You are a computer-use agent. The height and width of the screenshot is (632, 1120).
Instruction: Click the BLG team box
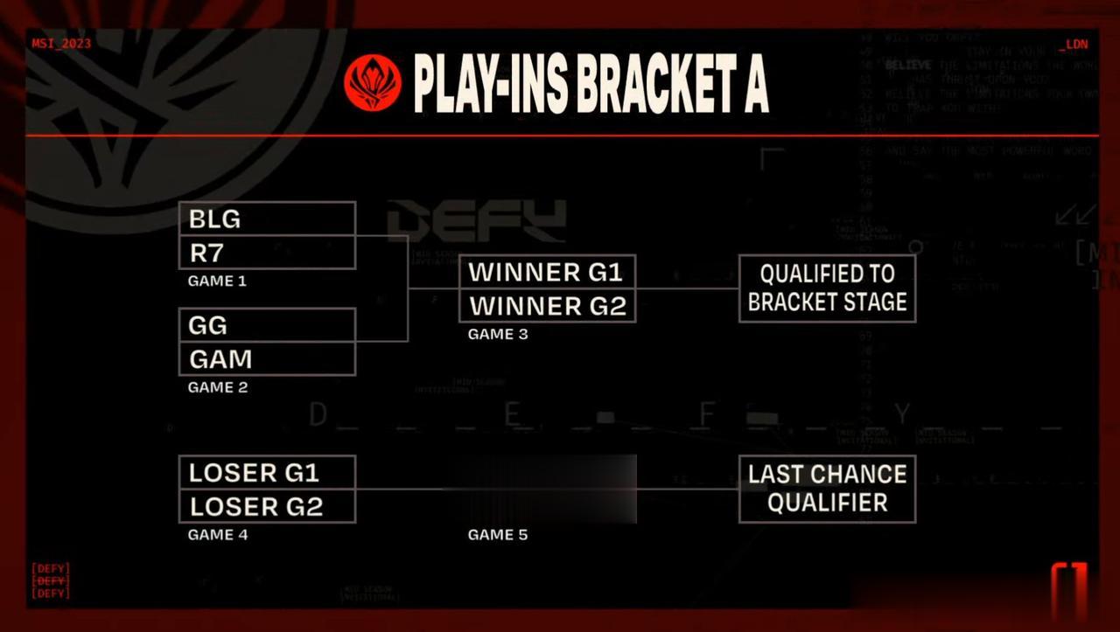click(x=267, y=219)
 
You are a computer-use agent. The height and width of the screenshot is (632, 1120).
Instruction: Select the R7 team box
click(x=267, y=253)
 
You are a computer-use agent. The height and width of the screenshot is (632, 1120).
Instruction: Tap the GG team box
click(x=267, y=325)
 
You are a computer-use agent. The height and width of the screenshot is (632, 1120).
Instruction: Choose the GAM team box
click(x=267, y=359)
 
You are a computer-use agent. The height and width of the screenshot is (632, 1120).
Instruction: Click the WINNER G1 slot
click(x=547, y=272)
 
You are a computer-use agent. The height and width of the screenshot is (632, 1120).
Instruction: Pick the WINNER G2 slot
click(x=547, y=306)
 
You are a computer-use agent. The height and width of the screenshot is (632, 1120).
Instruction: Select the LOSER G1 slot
click(x=267, y=473)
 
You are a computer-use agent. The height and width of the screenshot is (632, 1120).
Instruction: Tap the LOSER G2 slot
click(x=267, y=506)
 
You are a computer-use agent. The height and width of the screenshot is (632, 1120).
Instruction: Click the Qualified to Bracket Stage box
click(x=827, y=288)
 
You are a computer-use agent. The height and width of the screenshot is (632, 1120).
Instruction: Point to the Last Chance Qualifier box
click(x=827, y=489)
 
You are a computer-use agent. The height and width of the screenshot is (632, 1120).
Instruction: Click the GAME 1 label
click(x=217, y=281)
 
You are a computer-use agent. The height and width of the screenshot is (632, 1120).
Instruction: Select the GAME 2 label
click(x=218, y=387)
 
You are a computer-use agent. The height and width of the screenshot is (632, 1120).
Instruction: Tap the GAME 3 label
click(x=498, y=334)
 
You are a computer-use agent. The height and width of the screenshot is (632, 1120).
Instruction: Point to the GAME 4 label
click(x=218, y=535)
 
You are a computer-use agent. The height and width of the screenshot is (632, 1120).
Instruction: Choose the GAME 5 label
click(x=498, y=535)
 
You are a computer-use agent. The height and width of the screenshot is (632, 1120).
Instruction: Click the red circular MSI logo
click(x=373, y=83)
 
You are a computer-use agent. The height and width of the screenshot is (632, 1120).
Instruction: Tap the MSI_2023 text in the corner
click(x=61, y=43)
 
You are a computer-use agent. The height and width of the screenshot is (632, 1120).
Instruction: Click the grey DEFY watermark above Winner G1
click(x=477, y=221)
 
